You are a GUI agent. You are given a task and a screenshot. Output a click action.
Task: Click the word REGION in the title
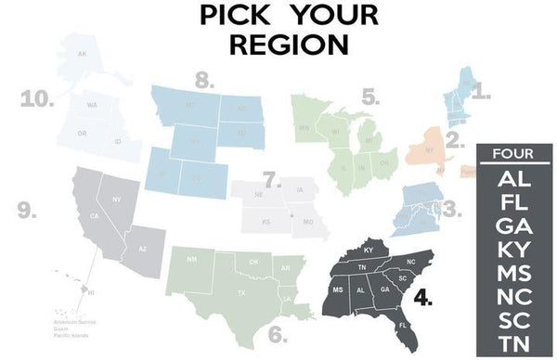click(x=278, y=45)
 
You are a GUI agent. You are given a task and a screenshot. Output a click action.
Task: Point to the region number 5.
click(x=369, y=96)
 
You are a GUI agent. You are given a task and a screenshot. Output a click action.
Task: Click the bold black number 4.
click(x=423, y=299)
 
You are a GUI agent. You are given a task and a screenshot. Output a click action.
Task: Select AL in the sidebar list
click(x=513, y=178)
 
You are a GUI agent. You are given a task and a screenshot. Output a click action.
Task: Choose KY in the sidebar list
click(x=513, y=249)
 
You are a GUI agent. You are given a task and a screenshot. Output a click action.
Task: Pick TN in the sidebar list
click(x=513, y=342)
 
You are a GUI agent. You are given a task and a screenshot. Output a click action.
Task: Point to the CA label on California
click(x=94, y=217)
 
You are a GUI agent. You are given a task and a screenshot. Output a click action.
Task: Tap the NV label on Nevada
click(x=117, y=199)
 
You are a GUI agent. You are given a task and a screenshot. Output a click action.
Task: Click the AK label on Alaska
click(x=82, y=54)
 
